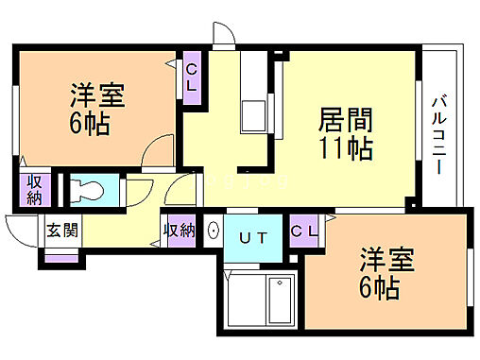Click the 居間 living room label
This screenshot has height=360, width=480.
(x=345, y=120)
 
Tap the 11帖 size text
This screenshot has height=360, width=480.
(x=345, y=148)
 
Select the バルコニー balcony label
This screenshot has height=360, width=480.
(x=440, y=132)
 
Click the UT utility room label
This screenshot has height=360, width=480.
(x=251, y=237)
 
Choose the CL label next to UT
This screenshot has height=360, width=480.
(x=304, y=230)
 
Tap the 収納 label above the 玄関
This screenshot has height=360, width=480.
(x=34, y=189)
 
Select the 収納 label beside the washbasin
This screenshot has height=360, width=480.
(x=179, y=230)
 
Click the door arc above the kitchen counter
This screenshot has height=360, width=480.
(x=223, y=37)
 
